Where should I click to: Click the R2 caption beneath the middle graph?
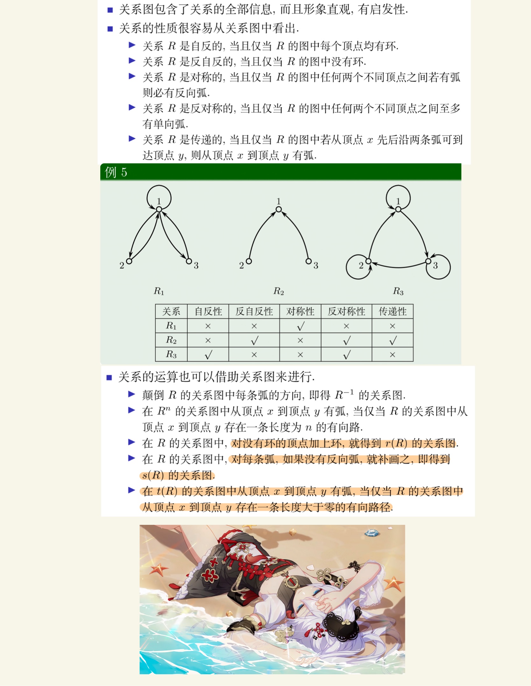pos(279,291)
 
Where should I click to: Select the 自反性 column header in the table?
pos(208,311)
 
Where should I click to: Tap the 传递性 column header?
pos(392,311)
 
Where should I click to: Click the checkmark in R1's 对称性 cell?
pos(300,326)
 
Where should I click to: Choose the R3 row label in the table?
pos(171,354)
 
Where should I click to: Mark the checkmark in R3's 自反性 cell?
pos(208,354)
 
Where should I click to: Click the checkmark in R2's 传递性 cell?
pos(393,340)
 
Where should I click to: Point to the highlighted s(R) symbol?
pos(153,475)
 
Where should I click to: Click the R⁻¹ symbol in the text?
pos(344,395)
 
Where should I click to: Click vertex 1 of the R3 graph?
pos(398,209)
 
